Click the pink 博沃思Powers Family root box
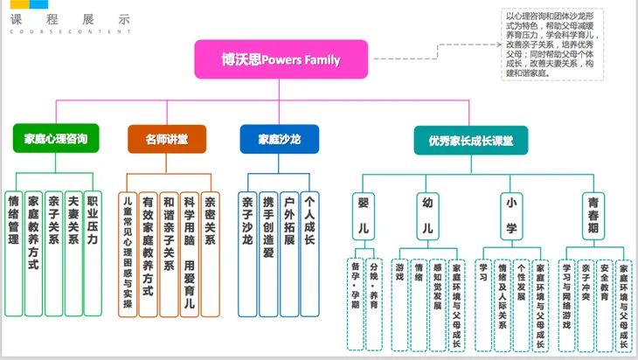point(280,61)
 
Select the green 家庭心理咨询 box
point(55,139)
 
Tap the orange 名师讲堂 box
point(166,139)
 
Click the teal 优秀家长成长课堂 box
point(470,140)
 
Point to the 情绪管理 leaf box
point(14,253)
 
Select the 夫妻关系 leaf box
point(73,253)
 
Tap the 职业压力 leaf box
point(93,253)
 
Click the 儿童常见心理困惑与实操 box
point(128,253)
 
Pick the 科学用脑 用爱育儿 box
point(190,253)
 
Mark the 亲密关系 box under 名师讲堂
point(211,253)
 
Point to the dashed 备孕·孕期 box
point(355,301)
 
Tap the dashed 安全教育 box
point(605,301)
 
